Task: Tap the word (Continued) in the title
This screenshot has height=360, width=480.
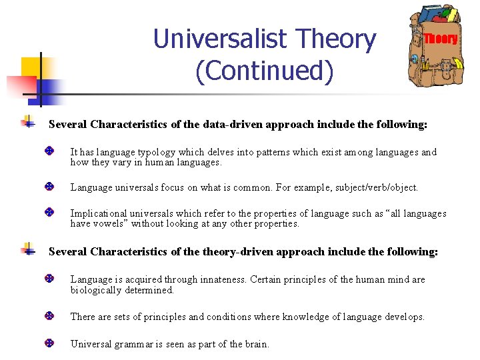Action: click(x=264, y=71)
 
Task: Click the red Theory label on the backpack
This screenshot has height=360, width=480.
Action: click(x=441, y=39)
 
